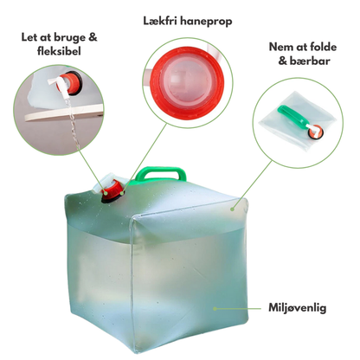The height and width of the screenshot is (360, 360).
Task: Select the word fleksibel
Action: [x=59, y=51]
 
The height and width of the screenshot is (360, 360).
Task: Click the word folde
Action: [x=323, y=47]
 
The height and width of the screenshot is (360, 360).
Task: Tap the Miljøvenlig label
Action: [x=298, y=307]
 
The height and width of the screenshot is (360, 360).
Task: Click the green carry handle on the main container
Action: [x=160, y=172]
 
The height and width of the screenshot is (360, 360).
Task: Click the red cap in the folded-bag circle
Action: [x=315, y=131]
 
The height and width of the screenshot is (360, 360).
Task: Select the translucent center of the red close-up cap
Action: [x=188, y=81]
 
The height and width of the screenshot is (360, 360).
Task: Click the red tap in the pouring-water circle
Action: [x=70, y=83]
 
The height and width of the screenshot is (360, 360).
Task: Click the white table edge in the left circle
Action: [x=63, y=113]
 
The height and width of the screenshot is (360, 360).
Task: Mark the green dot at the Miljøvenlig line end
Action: [x=215, y=309]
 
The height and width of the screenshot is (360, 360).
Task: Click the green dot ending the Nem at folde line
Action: [x=232, y=209]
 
